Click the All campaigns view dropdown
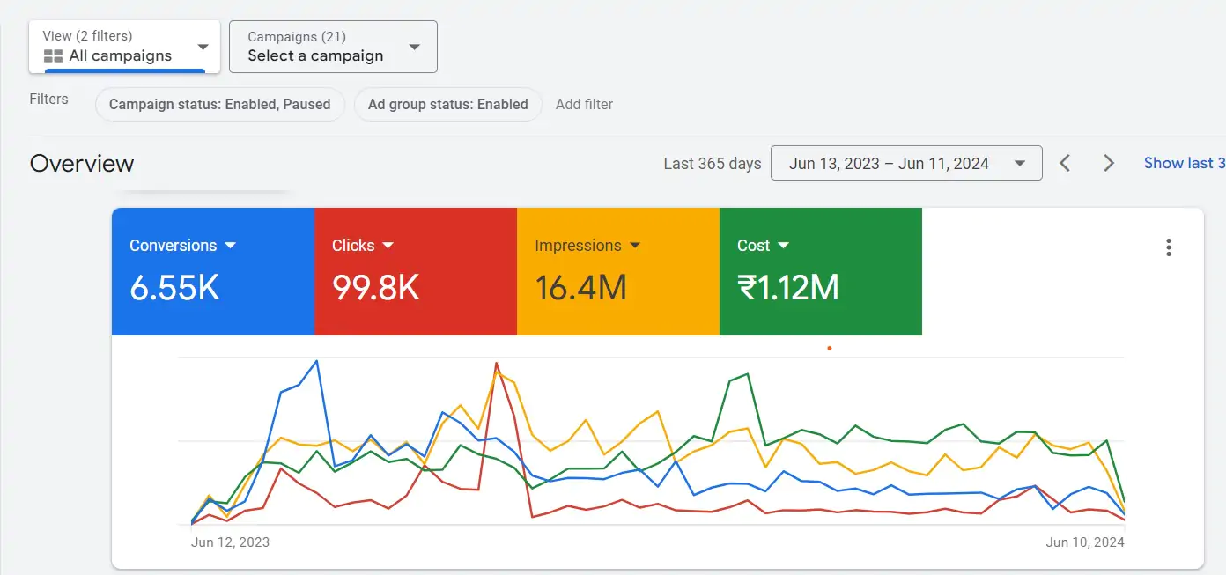point(124,47)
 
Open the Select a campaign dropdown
point(332,47)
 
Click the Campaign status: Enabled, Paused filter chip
point(219,104)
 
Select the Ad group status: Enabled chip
point(447,104)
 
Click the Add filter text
point(584,104)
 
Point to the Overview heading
point(82,164)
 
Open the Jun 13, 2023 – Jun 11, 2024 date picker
point(905,163)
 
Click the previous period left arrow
point(1065,163)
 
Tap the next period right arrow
point(1109,163)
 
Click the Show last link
point(1184,163)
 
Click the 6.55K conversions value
point(174,288)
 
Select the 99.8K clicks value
point(376,288)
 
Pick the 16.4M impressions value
point(580,288)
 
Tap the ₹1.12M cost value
point(787,288)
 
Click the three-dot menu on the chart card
point(1169,247)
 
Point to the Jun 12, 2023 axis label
point(230,542)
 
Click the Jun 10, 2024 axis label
point(1085,542)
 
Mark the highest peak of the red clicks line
point(497,363)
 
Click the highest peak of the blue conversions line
point(317,361)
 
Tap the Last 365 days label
point(712,164)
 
